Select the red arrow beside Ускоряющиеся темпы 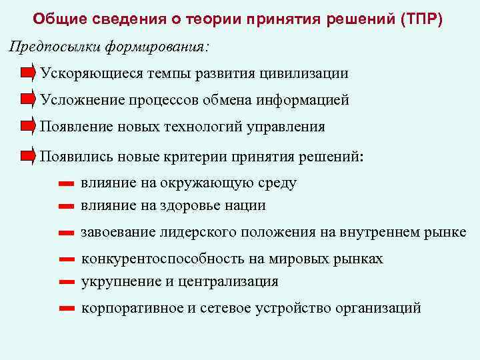pos(27,73)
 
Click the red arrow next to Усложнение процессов pos(27,100)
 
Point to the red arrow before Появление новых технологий pos(27,127)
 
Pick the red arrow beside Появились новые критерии pos(27,156)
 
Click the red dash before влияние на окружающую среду pos(65,183)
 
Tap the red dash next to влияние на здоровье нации pos(65,206)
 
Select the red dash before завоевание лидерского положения pos(65,233)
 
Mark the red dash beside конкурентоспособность pos(65,259)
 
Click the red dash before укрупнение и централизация pos(65,282)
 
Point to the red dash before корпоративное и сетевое pos(65,309)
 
